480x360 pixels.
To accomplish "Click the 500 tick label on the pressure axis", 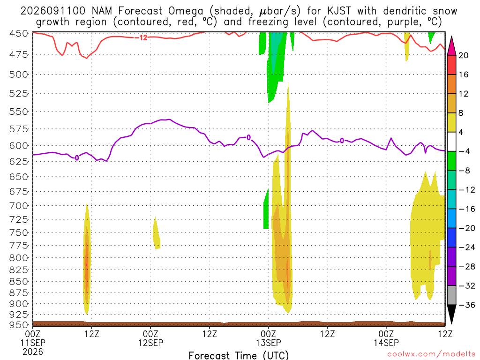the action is (x=19, y=75).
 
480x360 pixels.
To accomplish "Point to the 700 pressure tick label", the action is (x=19, y=206).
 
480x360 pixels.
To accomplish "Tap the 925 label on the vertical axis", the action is (x=19, y=315).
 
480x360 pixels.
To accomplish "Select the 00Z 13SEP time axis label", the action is (x=269, y=338).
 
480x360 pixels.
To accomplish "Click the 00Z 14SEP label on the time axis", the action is (x=386, y=338).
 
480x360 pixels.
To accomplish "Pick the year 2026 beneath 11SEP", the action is (x=33, y=352).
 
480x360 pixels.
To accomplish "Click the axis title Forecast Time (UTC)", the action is (x=239, y=355).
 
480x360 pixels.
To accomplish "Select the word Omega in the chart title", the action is (x=186, y=11).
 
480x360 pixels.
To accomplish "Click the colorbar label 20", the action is (x=464, y=55).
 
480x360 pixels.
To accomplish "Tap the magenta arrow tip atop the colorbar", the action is (x=451, y=37).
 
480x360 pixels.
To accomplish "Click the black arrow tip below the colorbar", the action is (x=451, y=324).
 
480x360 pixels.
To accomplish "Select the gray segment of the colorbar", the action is (x=451, y=295).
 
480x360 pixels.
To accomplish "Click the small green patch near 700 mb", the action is (x=266, y=209).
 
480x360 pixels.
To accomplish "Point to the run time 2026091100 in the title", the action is (x=53, y=11).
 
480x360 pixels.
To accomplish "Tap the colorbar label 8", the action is (x=461, y=113).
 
